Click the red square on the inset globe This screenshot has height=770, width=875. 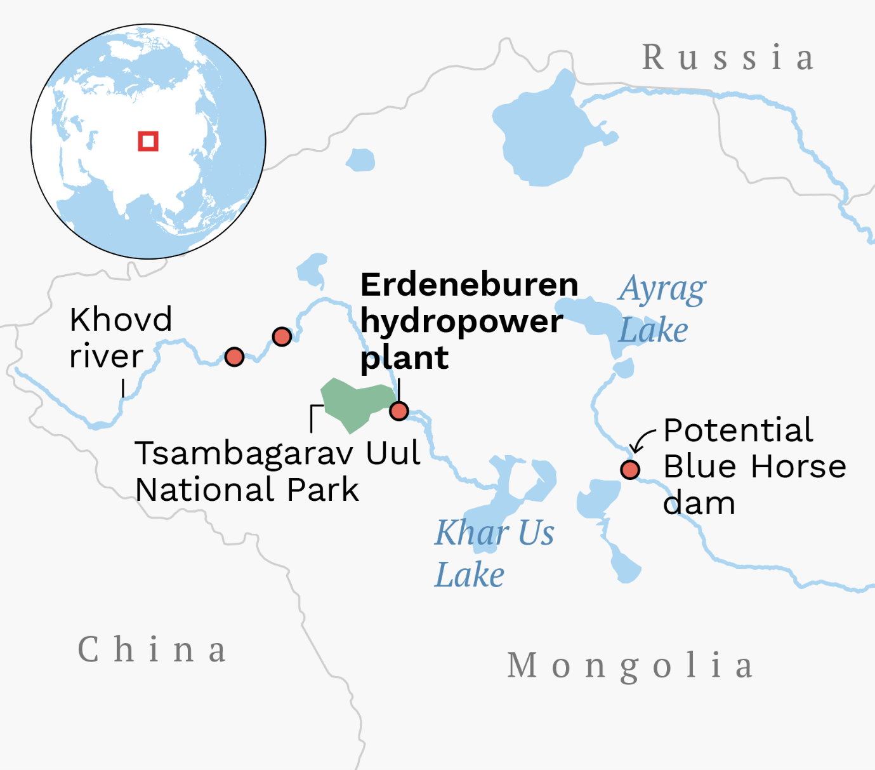coord(148,141)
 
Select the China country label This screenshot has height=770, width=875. coord(152,649)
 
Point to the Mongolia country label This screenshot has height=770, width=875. coord(630,666)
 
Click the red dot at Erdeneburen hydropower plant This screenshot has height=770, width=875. coord(398,411)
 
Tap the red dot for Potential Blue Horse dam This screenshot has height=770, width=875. coord(629,470)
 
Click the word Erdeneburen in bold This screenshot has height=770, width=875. coord(469,285)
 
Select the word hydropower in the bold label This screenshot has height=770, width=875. coord(461,321)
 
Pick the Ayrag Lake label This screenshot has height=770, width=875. coord(662,309)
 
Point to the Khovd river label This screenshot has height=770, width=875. coord(120,337)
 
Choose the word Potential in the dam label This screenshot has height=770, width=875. coord(738,430)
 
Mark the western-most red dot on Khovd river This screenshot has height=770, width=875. coord(234,357)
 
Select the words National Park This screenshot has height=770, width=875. coord(247,490)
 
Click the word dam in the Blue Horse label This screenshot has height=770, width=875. coord(699,503)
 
